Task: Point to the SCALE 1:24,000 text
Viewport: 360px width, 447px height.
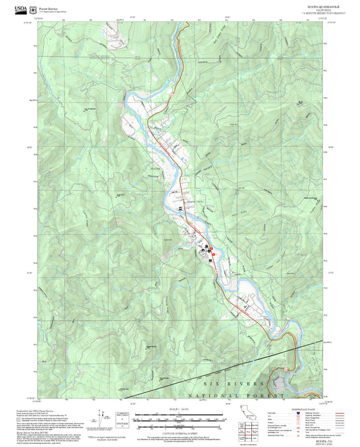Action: [180, 410]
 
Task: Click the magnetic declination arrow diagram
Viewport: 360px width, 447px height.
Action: [103, 417]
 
